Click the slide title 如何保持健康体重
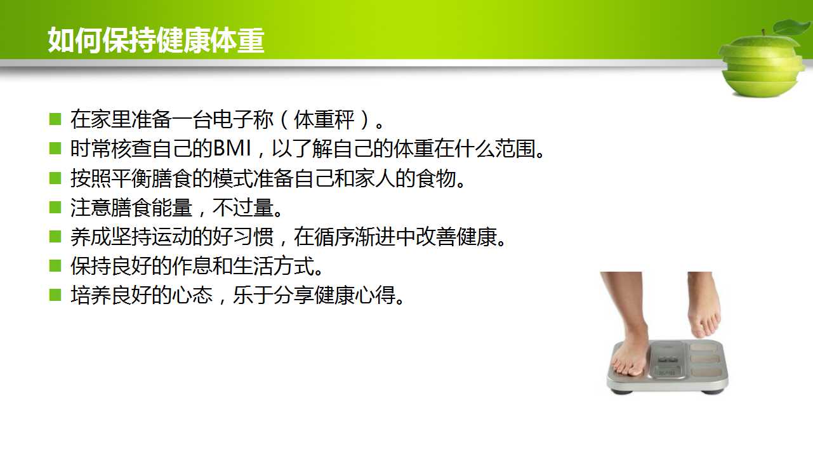pos(156,40)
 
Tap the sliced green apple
pos(762,65)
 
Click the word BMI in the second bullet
pos(232,149)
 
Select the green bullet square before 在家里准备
pos(55,119)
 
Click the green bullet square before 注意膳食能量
pos(55,208)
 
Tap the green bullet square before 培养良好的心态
pos(55,295)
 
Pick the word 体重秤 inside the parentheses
pos(324,119)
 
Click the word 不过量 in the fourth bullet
pos(243,208)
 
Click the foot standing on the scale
pos(628,327)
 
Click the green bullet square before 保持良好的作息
pos(55,266)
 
